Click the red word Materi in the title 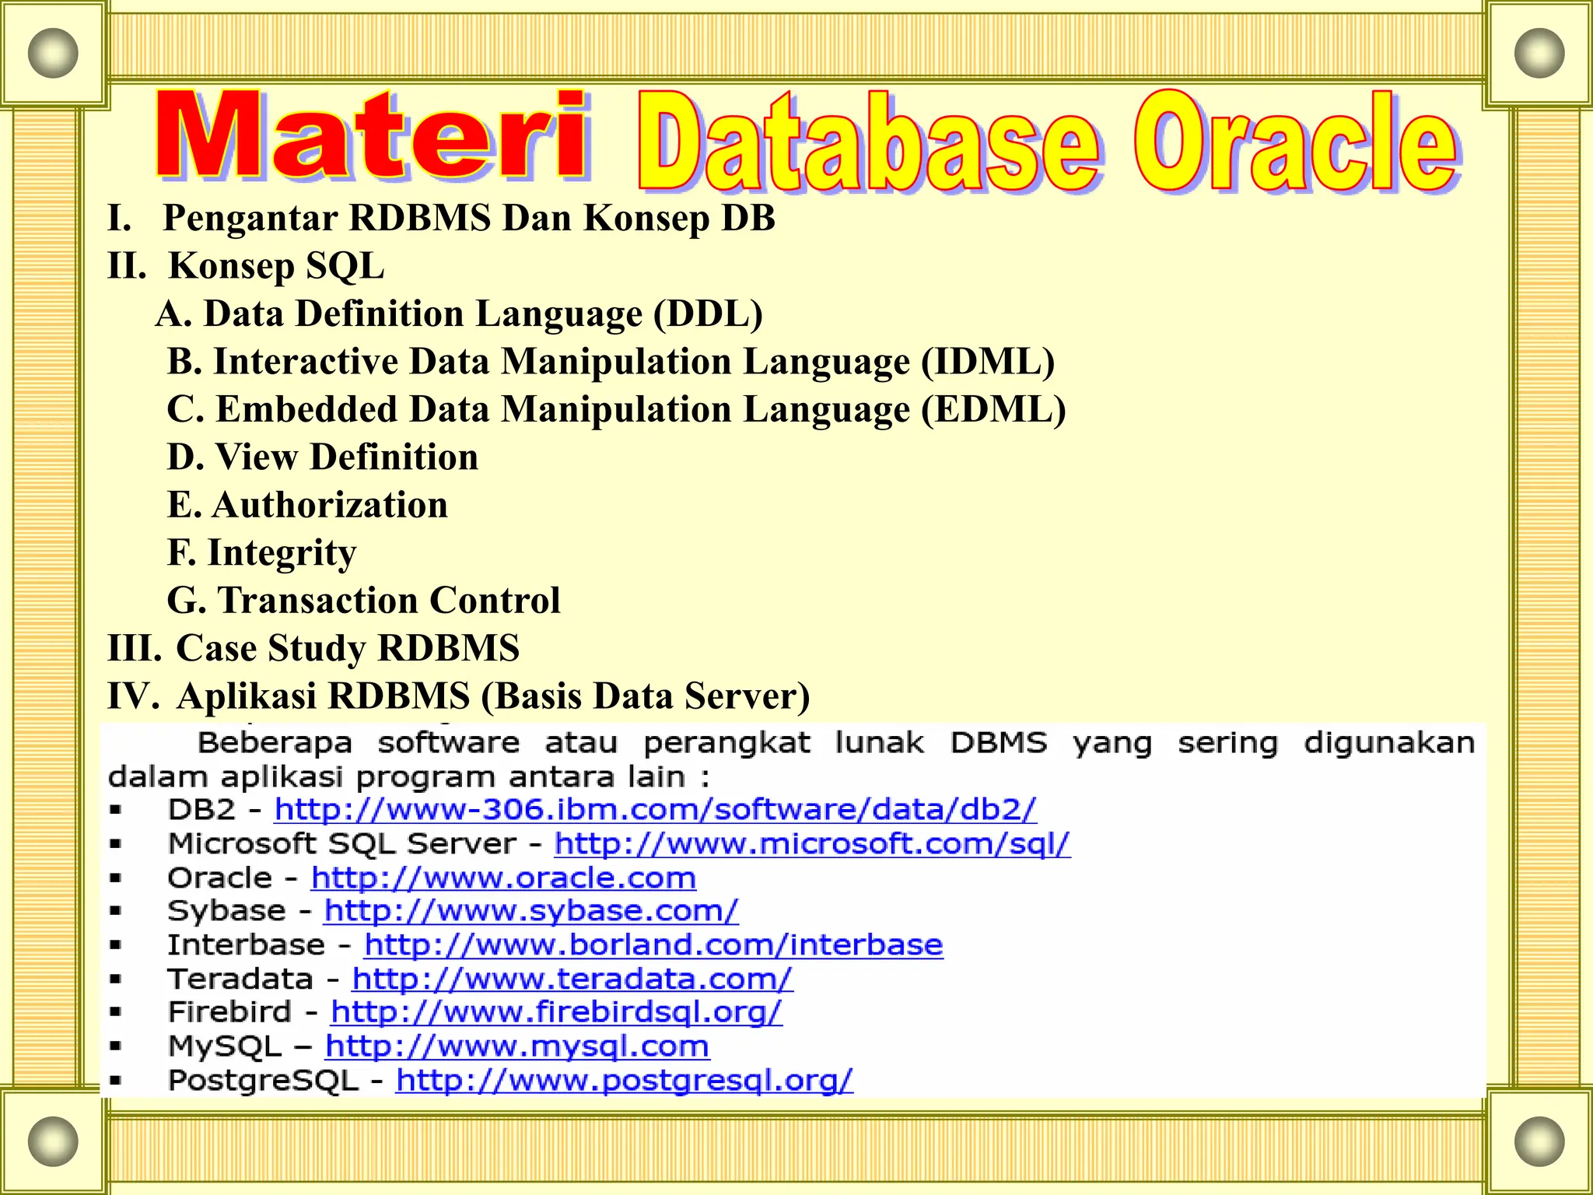[372, 134]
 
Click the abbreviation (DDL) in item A [708, 314]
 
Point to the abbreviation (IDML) [988, 362]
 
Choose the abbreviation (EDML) [993, 410]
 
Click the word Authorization [330, 505]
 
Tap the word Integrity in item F [282, 554]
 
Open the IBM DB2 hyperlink [655, 810]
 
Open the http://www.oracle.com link [503, 878]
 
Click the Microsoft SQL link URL [812, 844]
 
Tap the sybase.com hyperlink [531, 911]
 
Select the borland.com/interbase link [653, 945]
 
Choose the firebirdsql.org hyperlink [556, 1012]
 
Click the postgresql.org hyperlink [624, 1081]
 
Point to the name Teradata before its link [240, 979]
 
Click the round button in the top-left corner [53, 53]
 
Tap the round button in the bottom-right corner [1539, 1142]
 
